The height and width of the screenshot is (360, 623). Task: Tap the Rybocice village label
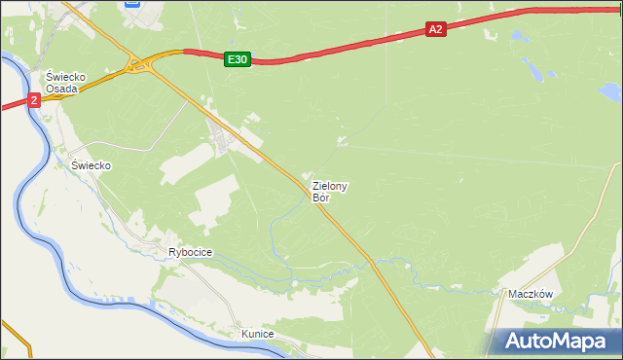click(x=190, y=252)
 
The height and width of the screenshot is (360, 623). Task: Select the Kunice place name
click(x=258, y=334)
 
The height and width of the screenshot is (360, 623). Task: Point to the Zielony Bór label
click(x=330, y=191)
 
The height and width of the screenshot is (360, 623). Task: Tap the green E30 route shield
click(x=237, y=59)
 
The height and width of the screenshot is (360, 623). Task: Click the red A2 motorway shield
click(x=435, y=30)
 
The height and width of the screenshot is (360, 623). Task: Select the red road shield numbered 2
click(x=34, y=99)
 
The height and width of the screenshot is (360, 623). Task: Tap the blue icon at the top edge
click(x=134, y=4)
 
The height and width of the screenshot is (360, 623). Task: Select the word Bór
click(x=321, y=198)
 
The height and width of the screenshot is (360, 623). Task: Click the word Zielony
click(x=330, y=185)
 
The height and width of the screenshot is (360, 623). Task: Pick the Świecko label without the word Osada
click(x=91, y=165)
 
